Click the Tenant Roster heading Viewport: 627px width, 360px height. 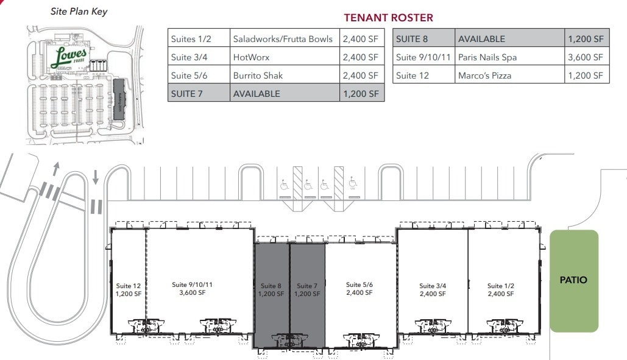tap(388, 18)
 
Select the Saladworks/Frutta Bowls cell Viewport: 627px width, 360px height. tap(283, 39)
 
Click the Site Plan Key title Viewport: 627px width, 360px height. tap(79, 12)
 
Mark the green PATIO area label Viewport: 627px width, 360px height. tap(573, 280)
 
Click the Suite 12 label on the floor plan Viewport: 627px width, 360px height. tap(129, 289)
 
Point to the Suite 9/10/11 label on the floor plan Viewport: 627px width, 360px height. tap(192, 288)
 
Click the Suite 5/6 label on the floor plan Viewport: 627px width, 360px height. tap(359, 288)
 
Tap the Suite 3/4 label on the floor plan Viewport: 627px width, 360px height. tap(433, 289)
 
